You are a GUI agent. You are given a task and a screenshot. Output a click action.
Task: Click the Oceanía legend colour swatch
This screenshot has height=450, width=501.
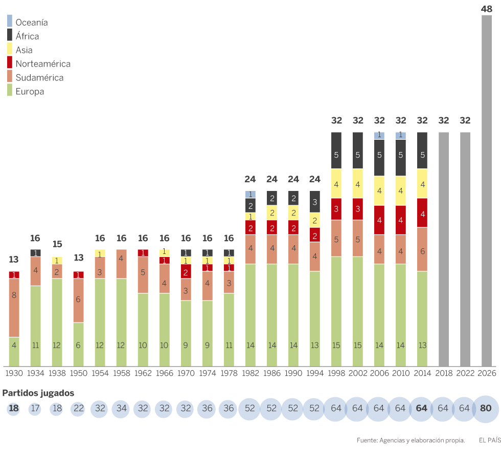pos(10,22)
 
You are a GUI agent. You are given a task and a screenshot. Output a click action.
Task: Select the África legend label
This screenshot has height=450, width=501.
pos(27,36)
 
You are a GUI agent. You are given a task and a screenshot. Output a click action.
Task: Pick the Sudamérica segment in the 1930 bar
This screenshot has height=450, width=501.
pos(14,308)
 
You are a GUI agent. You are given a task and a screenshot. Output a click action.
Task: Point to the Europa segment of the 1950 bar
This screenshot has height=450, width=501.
pos(78,344)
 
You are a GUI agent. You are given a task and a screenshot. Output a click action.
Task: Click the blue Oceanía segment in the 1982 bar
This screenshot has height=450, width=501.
pos(250,195)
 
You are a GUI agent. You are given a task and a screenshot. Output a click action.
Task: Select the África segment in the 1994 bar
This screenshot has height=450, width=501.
pos(315,202)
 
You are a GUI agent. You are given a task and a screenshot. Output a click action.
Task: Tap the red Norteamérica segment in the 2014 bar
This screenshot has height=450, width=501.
pos(422,212)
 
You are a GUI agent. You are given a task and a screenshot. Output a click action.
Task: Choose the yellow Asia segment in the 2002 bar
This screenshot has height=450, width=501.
pos(358,183)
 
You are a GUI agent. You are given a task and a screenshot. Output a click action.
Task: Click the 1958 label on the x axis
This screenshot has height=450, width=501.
pos(121,373)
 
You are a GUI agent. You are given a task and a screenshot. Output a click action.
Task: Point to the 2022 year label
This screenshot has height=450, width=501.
pos(465,373)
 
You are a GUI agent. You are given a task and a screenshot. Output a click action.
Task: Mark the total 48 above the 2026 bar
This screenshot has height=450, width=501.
pos(487,9)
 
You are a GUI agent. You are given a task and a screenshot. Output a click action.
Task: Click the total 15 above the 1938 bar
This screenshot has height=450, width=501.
pos(57,244)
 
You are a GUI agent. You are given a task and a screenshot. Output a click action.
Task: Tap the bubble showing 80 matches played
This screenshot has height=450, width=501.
pos(487,409)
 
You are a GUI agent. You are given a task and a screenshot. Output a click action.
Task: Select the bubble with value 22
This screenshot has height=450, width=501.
pos(78,409)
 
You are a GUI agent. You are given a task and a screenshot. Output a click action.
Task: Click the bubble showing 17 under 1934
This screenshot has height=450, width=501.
pos(35,409)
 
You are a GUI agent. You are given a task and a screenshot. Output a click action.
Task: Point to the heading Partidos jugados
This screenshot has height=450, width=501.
pos(38,393)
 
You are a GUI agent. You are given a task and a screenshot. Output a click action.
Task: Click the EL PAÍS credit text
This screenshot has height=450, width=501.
pos(489,440)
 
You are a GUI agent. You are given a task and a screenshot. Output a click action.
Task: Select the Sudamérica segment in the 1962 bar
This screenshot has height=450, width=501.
pos(143,275)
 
